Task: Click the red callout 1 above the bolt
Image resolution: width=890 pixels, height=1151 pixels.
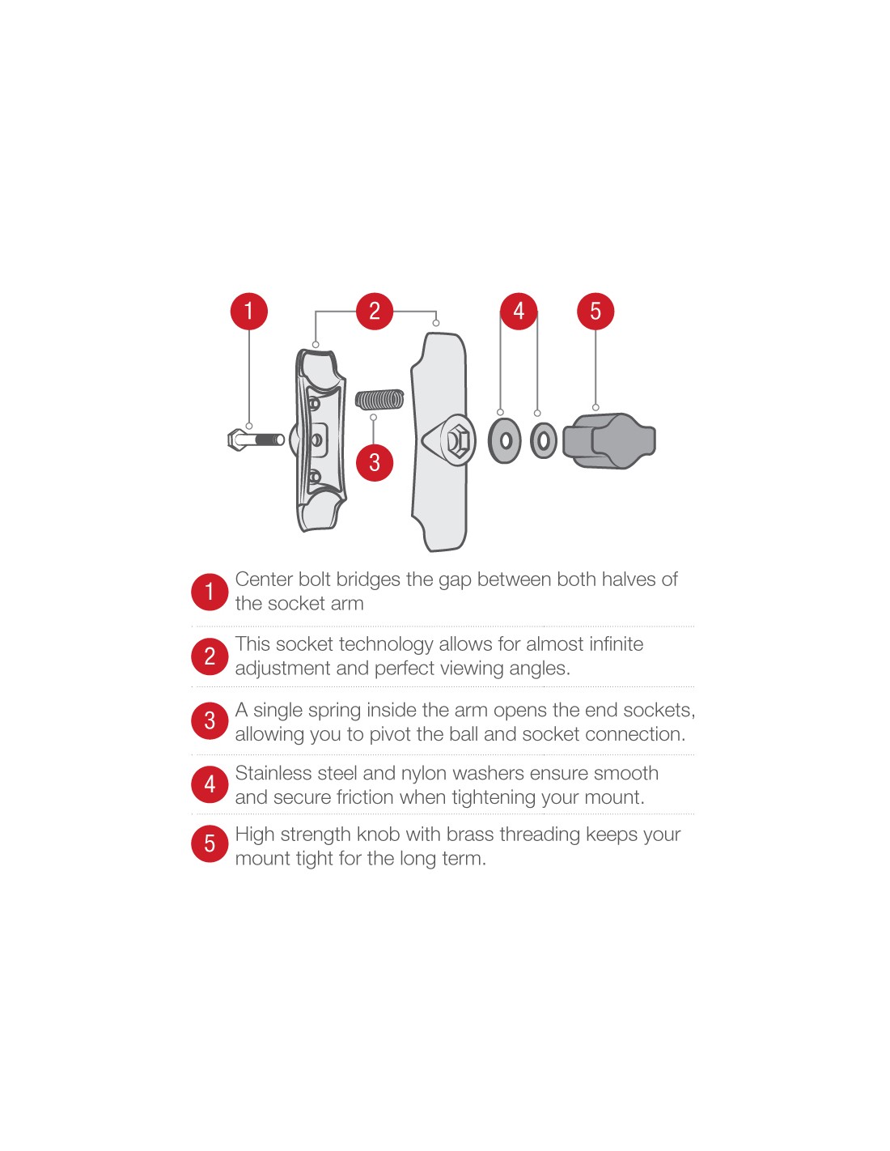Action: click(248, 311)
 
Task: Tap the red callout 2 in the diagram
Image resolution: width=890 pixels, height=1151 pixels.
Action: click(375, 311)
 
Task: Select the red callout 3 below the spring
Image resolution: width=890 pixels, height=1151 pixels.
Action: click(375, 462)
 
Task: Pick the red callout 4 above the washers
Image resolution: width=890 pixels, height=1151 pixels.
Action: click(519, 311)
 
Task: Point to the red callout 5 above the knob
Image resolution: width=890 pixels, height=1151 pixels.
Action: click(595, 311)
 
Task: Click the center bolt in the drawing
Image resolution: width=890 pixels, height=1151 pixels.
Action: click(255, 440)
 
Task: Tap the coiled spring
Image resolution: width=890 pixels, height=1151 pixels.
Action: click(379, 400)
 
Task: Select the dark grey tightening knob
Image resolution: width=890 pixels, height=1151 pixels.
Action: click(609, 440)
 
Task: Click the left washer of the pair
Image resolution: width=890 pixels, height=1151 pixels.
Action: click(505, 440)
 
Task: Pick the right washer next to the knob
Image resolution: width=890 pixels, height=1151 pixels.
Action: click(543, 440)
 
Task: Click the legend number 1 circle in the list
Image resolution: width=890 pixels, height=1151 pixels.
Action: click(210, 592)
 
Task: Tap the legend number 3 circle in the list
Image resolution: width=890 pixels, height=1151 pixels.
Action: click(210, 720)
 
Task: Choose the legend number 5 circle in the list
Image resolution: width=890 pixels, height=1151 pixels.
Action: click(210, 843)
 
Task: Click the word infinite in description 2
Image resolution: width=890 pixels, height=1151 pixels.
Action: click(616, 644)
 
